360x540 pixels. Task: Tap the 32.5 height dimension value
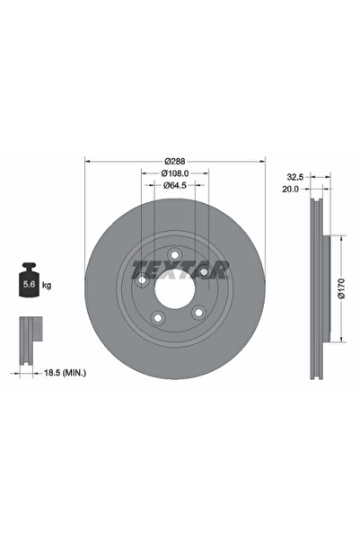pos(293,177)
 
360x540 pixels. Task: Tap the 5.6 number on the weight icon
pos(27,285)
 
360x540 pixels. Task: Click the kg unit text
pos(46,285)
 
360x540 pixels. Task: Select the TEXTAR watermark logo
pos(180,268)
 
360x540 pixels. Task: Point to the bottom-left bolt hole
pos(158,316)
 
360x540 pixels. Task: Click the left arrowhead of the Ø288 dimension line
pos(87,162)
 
